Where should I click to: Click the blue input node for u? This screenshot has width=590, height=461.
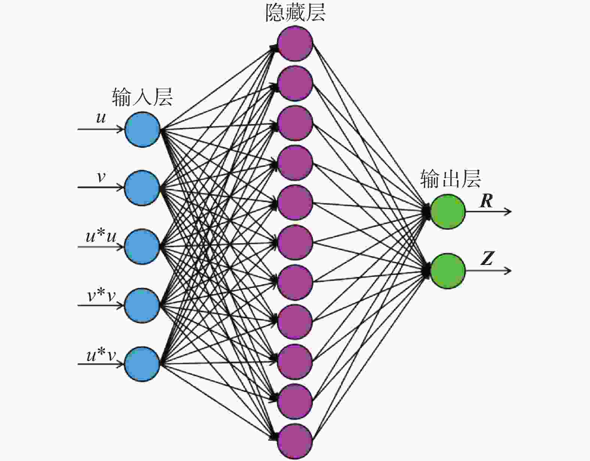(143, 130)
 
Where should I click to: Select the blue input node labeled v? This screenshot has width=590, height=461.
(142, 188)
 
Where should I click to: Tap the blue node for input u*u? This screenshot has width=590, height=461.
(142, 247)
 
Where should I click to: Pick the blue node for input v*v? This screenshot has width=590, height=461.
(142, 305)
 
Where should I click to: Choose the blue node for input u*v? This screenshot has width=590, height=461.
(142, 364)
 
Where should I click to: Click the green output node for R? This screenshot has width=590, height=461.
(448, 212)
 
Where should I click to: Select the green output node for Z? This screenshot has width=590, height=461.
(448, 271)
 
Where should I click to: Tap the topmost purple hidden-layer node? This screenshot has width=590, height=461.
(295, 43)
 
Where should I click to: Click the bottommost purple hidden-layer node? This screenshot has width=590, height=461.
(295, 442)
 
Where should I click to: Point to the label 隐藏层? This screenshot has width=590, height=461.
(296, 13)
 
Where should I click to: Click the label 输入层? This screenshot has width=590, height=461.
(142, 97)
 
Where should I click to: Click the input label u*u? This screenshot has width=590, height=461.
(101, 236)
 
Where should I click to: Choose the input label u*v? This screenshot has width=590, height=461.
(101, 355)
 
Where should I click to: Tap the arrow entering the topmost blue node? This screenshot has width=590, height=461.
(101, 129)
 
